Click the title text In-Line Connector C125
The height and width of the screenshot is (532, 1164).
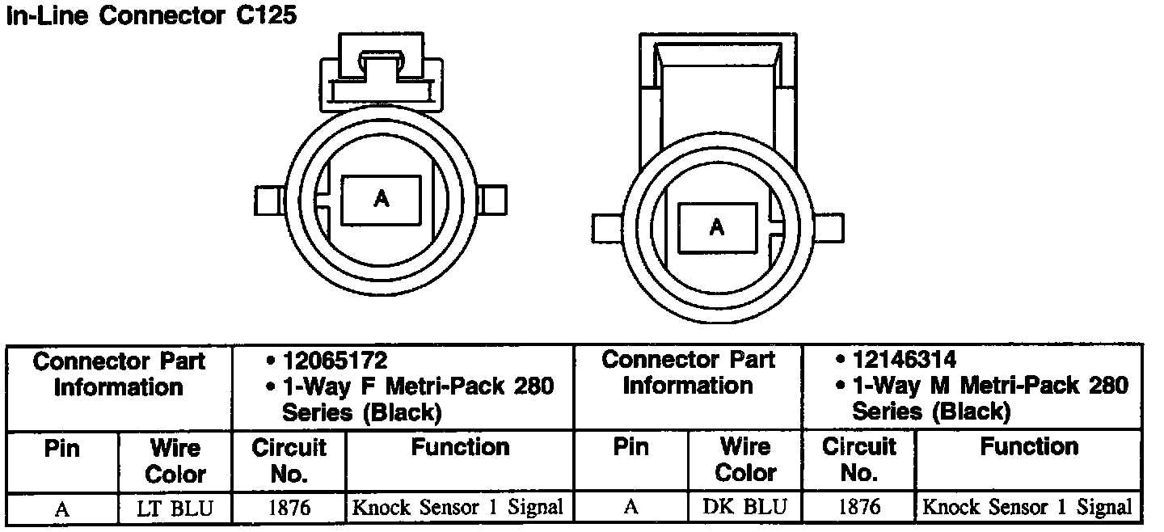click(x=151, y=15)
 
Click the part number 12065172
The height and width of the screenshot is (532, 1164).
click(x=335, y=361)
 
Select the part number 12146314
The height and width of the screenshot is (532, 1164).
click(x=905, y=359)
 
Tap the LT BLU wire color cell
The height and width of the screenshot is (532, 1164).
click(x=175, y=508)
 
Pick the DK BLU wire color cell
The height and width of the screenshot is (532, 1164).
click(x=744, y=507)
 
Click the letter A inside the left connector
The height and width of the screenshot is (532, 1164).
click(x=382, y=198)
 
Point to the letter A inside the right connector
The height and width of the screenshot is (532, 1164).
click(x=717, y=227)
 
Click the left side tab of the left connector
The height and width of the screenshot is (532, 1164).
click(x=269, y=201)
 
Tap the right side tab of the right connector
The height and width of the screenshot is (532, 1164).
click(x=829, y=227)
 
